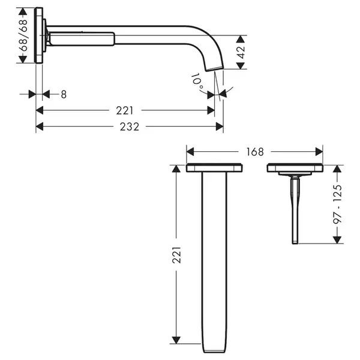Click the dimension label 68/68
click(23, 35)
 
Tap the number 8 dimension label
click(64, 94)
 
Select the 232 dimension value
click(130, 127)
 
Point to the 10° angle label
click(197, 82)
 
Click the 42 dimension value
click(241, 52)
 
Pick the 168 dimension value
click(255, 152)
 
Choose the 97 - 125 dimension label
click(337, 204)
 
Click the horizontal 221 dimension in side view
click(124, 110)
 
